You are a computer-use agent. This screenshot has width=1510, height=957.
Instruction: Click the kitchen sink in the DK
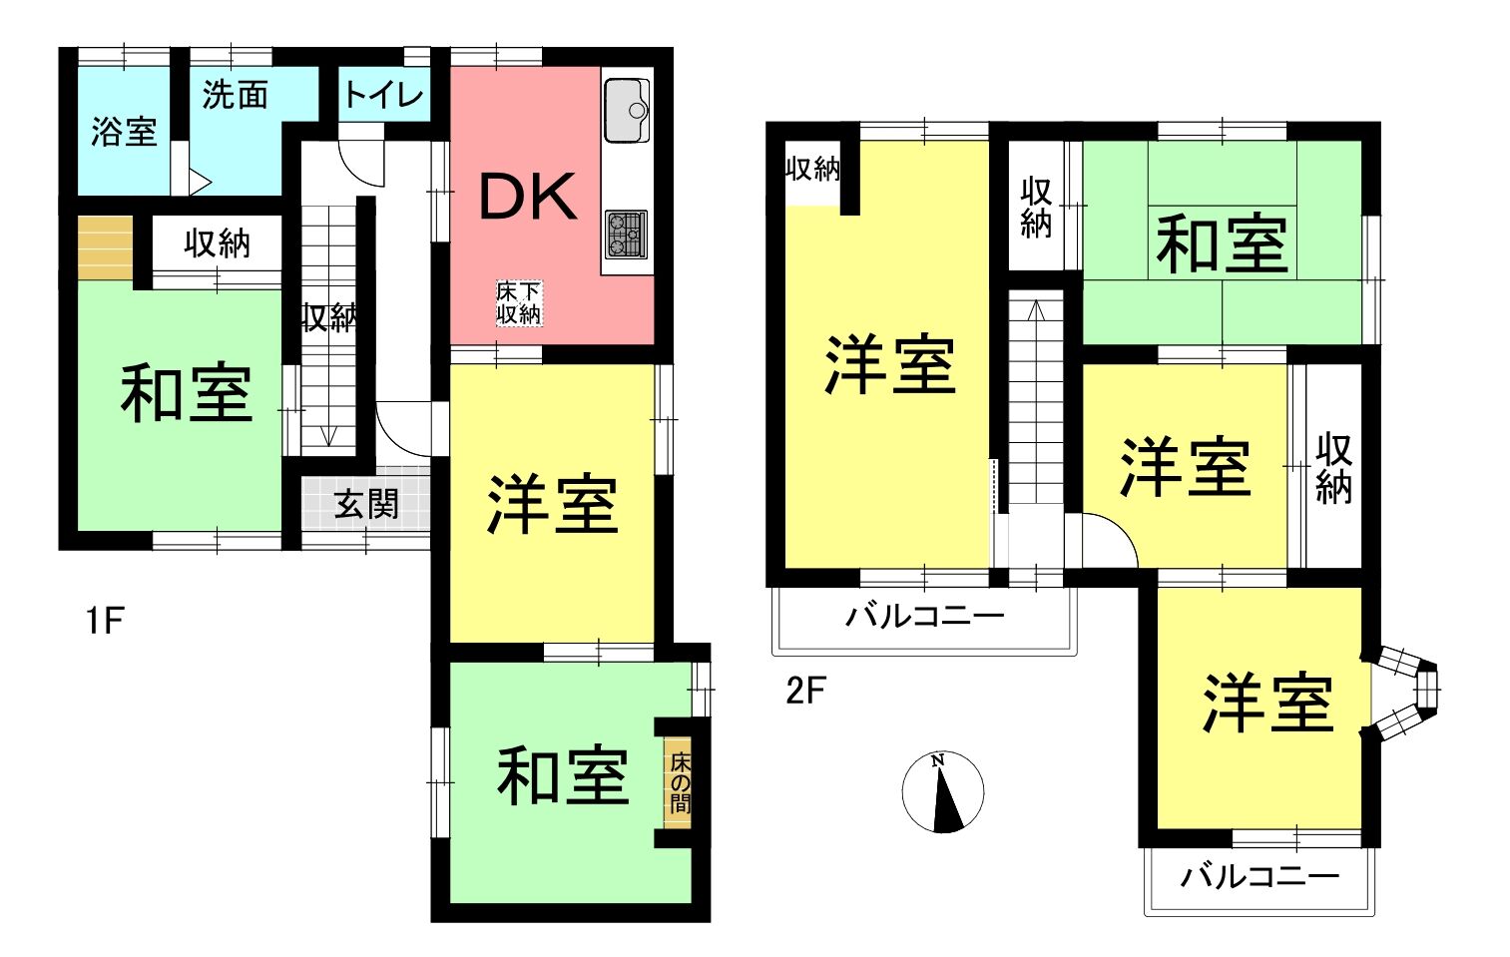[x=627, y=111]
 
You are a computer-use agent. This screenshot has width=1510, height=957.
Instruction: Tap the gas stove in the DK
[x=626, y=234]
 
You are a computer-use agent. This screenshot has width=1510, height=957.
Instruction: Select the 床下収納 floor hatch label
[x=519, y=303]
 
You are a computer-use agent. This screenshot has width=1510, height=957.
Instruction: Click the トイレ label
[x=383, y=95]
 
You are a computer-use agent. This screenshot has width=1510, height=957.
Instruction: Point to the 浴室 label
[x=124, y=132]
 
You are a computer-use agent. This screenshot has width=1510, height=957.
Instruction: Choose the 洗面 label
[x=236, y=95]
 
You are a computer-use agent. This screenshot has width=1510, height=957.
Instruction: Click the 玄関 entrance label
[x=366, y=503]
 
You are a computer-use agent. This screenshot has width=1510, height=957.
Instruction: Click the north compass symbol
[x=943, y=791]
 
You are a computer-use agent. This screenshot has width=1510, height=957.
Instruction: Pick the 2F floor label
[x=805, y=690]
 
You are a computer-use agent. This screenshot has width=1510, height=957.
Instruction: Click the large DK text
[x=528, y=197]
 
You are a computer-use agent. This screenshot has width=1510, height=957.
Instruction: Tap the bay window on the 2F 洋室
[x=1405, y=691]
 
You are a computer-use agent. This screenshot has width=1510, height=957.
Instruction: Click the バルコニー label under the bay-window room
[x=1259, y=877]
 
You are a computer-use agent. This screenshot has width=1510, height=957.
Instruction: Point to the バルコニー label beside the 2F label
[x=925, y=616]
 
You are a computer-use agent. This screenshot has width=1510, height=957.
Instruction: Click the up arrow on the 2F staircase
[x=1036, y=310]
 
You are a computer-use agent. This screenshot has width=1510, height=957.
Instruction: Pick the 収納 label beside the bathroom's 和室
[x=217, y=243]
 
